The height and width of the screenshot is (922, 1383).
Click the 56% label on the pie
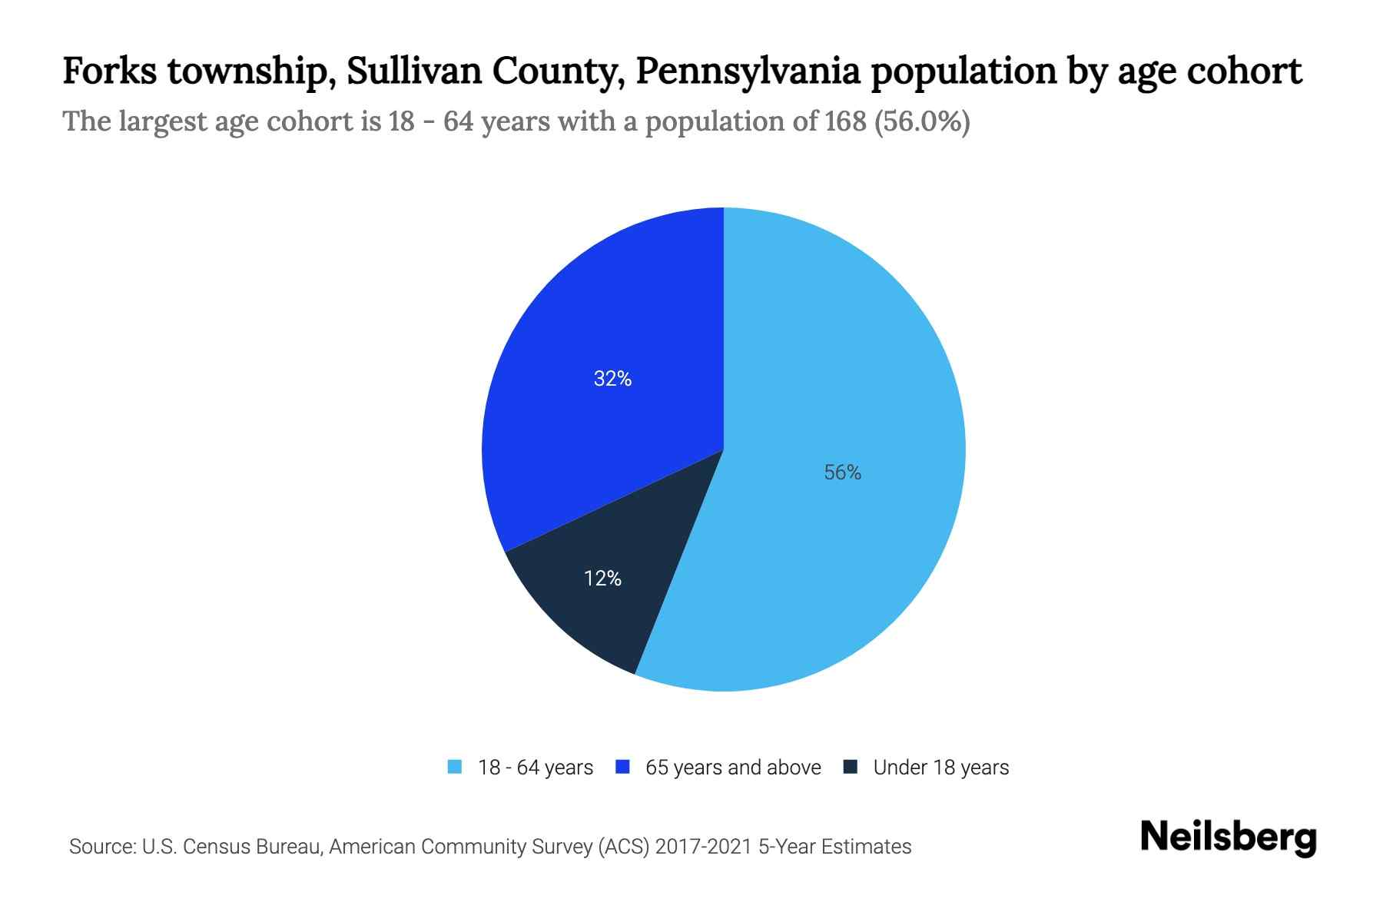click(842, 473)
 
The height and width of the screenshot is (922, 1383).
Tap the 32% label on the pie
click(612, 379)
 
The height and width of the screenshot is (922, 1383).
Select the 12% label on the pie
click(602, 579)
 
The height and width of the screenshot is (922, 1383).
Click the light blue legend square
click(455, 767)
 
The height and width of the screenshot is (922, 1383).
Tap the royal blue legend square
click(622, 767)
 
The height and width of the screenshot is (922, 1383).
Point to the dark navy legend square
click(851, 767)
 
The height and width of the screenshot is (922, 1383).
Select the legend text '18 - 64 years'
click(536, 768)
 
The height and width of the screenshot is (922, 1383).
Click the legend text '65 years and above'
click(733, 768)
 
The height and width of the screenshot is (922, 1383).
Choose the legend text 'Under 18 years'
click(941, 768)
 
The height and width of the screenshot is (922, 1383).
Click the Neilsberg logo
click(1229, 837)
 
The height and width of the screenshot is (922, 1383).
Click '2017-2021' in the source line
click(704, 847)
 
